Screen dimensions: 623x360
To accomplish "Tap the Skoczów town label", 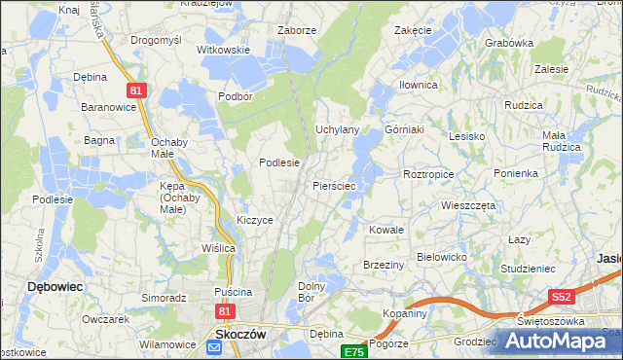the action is coord(241,333).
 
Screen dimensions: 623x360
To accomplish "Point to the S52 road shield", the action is coord(560,296).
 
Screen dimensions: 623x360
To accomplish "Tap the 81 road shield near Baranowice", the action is coord(135,90).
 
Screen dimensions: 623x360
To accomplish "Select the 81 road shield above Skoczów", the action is coord(225,310).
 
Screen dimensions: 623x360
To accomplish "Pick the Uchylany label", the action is coord(339,129).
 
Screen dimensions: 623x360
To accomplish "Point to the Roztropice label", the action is coord(428,174).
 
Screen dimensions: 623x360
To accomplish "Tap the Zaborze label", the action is coord(297,30).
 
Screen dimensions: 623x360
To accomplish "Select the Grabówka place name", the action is coord(509,43).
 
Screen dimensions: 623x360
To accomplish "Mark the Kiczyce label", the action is coord(255,220).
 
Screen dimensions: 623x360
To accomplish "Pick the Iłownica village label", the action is coord(419,85).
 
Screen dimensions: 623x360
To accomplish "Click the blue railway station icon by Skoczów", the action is coord(214,347).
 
